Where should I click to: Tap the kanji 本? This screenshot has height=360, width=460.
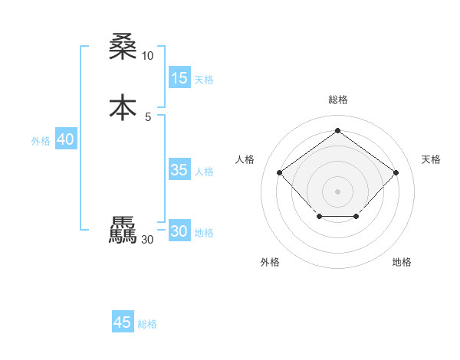coord(123,108)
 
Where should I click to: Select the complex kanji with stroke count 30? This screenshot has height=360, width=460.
coord(123,231)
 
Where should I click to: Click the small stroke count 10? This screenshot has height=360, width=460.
coord(147,56)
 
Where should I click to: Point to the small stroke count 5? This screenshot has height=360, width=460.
coord(147,116)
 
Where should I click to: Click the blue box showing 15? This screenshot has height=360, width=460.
coord(179,78)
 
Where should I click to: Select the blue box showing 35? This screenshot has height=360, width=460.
coord(179,170)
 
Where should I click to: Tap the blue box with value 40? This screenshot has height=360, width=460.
coord(66,140)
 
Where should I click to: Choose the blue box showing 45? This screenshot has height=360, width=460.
coord(123,322)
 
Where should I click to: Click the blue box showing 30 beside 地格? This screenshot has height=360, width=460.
coord(179,231)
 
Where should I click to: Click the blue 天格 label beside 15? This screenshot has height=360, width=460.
coord(204,80)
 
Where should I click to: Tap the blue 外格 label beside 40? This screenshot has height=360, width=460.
coord(41,141)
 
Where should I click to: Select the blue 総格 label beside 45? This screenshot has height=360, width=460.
coord(147,324)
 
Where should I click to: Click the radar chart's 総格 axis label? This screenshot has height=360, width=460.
coord(337,100)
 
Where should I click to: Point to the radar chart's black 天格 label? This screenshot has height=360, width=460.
coord(431,159)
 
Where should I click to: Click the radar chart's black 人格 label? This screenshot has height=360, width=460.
coord(245,159)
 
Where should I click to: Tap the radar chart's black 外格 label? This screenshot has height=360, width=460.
coord(270,263)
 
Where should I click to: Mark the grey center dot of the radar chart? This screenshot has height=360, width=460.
coord(337,191)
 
